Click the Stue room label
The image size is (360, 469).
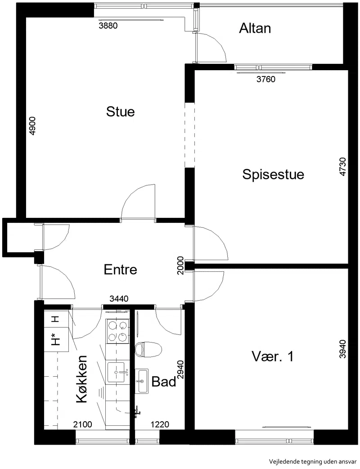[121, 112]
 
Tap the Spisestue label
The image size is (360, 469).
[273, 174]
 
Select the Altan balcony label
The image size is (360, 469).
[255, 28]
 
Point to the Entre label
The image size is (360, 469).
[121, 270]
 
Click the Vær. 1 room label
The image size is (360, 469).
[273, 356]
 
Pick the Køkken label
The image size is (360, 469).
[81, 379]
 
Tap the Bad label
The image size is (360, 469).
[163, 382]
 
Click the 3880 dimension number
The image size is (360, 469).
[108, 26]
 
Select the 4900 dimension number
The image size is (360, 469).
[32, 126]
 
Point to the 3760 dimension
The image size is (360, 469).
[266, 79]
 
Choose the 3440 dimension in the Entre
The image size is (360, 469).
[119, 298]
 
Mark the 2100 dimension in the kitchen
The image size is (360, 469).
[83, 424]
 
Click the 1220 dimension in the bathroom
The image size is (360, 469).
[160, 424]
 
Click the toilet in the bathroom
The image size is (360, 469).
[148, 350]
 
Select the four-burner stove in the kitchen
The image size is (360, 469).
[117, 331]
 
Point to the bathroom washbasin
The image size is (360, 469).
[141, 381]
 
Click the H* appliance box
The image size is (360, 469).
[56, 339]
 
